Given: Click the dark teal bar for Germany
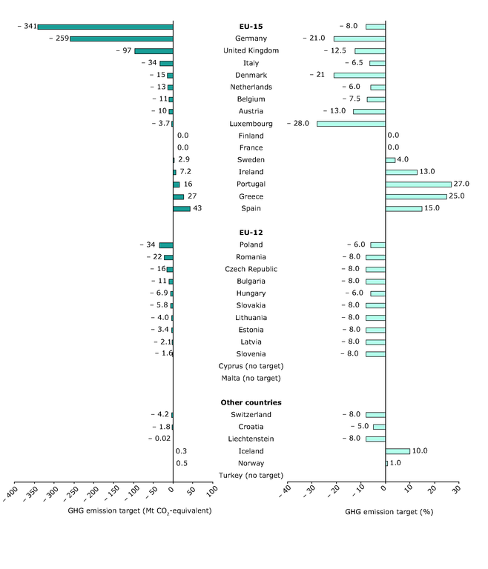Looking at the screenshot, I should pyautogui.click(x=122, y=39).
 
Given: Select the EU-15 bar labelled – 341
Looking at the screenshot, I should pyautogui.click(x=105, y=27).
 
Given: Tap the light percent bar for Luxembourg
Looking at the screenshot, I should pyautogui.click(x=351, y=124).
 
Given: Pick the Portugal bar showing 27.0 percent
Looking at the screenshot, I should pyautogui.click(x=418, y=184).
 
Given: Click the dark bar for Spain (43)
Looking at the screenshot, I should pyautogui.click(x=182, y=209).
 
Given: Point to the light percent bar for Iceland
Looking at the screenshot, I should pyautogui.click(x=398, y=451).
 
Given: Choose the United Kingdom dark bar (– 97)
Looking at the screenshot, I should pyautogui.click(x=154, y=51).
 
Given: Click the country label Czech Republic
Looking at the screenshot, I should pyautogui.click(x=251, y=269).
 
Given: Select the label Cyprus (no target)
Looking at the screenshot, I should pyautogui.click(x=251, y=366).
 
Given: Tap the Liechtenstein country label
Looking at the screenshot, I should pyautogui.click(x=251, y=439).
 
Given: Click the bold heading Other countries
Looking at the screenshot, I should pyautogui.click(x=251, y=403).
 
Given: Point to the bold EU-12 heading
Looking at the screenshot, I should pyautogui.click(x=251, y=233).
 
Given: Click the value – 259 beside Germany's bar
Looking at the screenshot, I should pyautogui.click(x=57, y=39).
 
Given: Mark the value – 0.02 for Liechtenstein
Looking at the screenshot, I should pyautogui.click(x=158, y=439).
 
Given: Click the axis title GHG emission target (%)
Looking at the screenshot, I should pyautogui.click(x=389, y=512).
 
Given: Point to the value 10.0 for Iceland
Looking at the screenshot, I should pyautogui.click(x=421, y=451).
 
